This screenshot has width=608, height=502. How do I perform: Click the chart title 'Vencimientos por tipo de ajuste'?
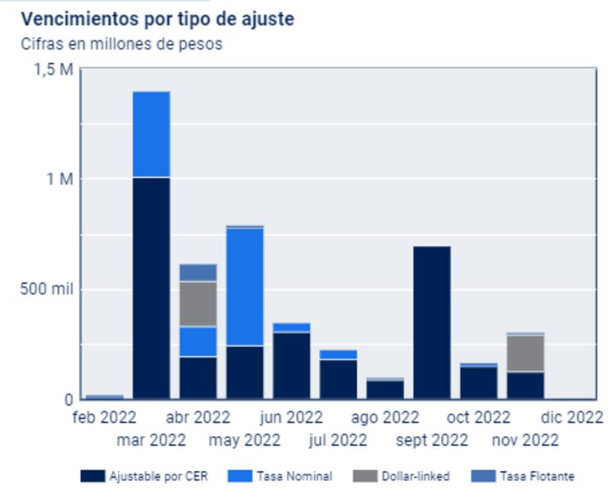(157, 19)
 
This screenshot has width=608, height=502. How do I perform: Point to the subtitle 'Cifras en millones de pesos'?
(122, 43)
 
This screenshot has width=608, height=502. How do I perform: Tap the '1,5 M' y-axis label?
(53, 69)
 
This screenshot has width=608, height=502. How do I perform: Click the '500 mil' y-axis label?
(46, 289)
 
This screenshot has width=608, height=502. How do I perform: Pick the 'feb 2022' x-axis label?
(104, 417)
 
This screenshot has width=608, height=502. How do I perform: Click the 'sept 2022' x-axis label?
(431, 440)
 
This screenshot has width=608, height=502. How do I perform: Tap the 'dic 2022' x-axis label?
(572, 417)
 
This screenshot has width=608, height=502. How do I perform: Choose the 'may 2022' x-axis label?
(245, 440)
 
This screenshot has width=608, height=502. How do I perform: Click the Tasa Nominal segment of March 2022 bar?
(151, 134)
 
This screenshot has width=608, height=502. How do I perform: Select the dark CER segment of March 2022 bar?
(151, 289)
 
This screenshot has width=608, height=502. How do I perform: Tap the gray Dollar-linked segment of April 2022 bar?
(198, 304)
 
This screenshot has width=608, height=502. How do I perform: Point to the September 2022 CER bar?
(432, 323)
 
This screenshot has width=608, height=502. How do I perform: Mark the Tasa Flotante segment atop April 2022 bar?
(198, 272)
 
